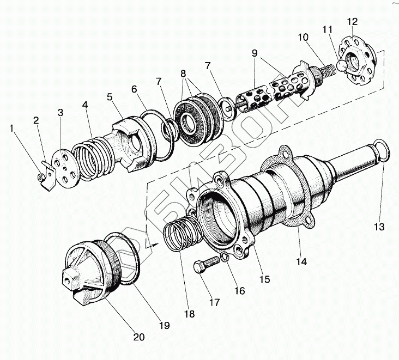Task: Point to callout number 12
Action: pyautogui.click(x=352, y=22)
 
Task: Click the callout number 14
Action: pyautogui.click(x=301, y=261)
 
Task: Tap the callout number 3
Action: pyautogui.click(x=60, y=113)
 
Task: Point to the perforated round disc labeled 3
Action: pyautogui.click(x=65, y=172)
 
